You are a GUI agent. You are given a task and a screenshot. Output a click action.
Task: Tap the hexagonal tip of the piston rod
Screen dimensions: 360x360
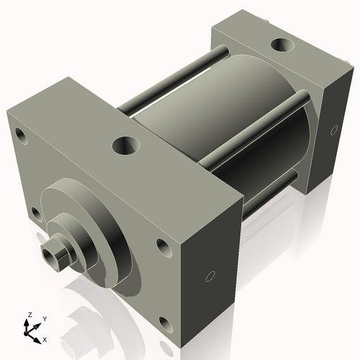click(53, 255)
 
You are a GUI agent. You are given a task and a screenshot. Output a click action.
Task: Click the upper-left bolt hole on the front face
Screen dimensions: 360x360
click(20, 135)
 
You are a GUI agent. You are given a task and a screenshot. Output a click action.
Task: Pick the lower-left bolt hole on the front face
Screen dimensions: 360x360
click(35, 212)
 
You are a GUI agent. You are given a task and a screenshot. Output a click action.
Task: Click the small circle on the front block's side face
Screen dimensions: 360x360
click(210, 276)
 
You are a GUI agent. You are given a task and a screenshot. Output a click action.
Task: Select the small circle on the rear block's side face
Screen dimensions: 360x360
click(333, 130)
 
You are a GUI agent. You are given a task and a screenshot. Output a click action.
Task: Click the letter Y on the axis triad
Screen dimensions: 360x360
click(45, 318)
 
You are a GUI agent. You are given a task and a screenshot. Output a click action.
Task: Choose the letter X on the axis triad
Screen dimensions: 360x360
click(45, 338)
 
